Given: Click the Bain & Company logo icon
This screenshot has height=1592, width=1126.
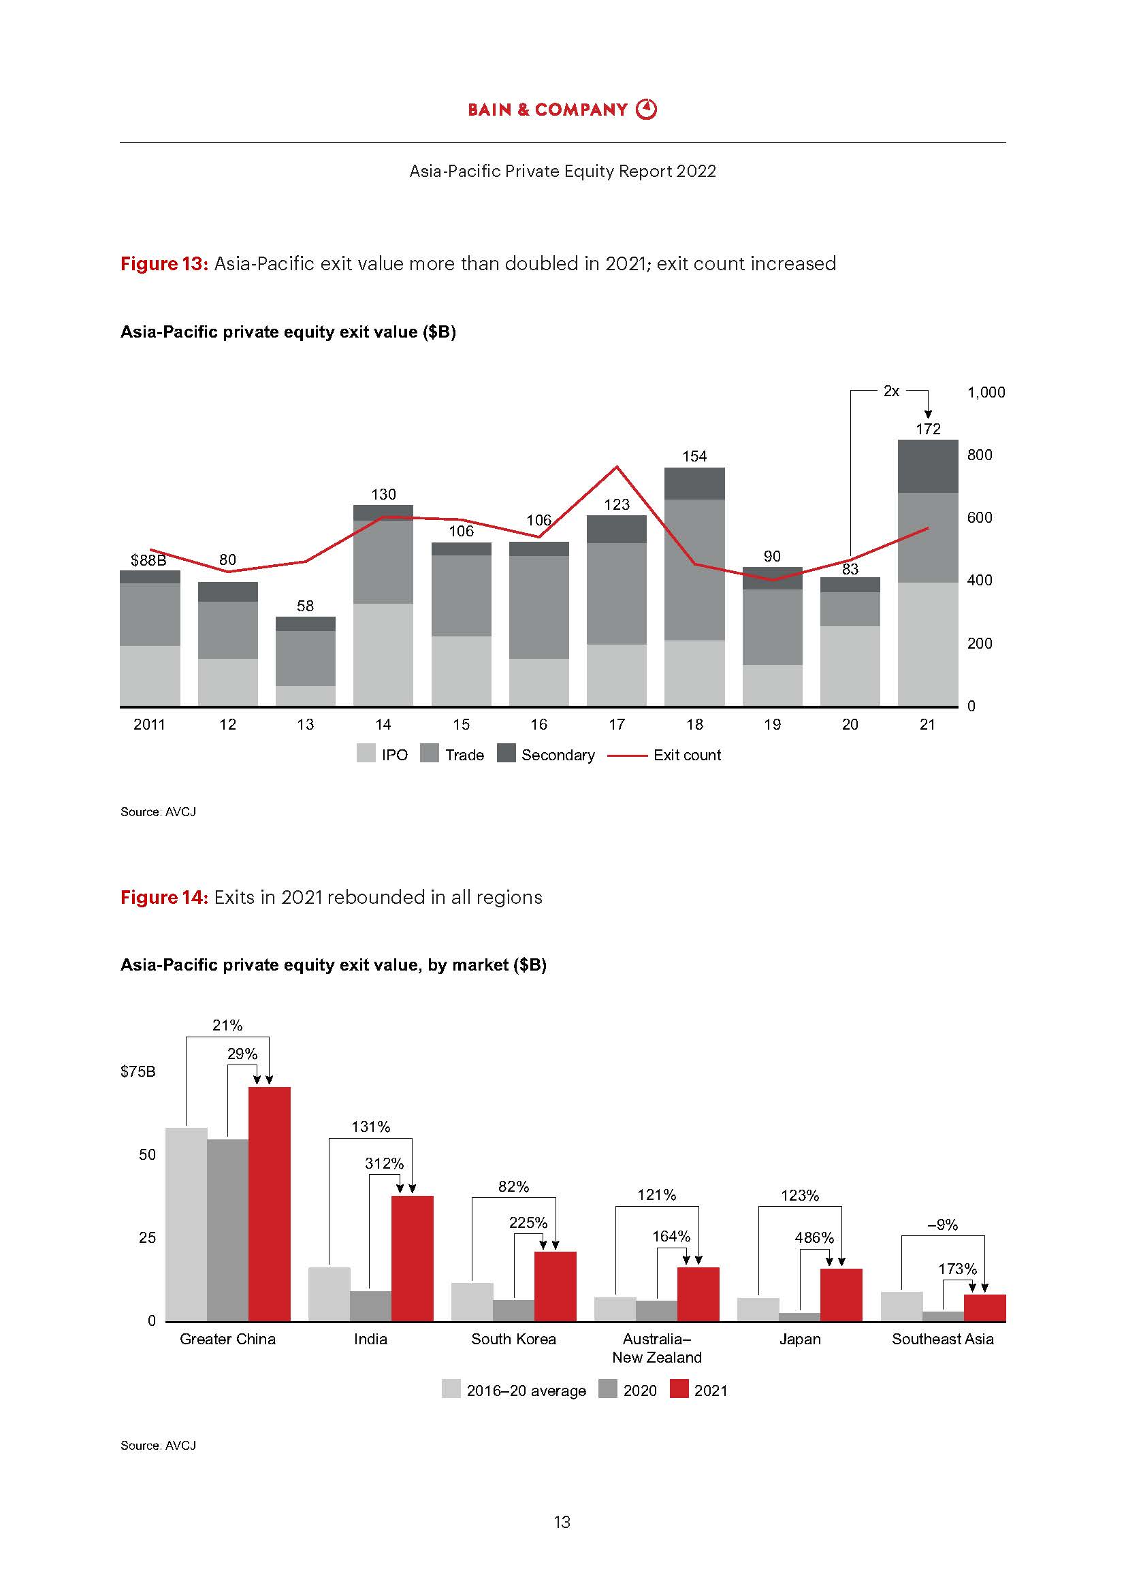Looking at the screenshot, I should pyautogui.click(x=646, y=109).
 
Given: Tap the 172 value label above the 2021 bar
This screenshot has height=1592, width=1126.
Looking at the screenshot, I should pyautogui.click(x=928, y=429).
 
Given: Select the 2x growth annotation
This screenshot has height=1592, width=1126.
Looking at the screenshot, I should pyautogui.click(x=891, y=391).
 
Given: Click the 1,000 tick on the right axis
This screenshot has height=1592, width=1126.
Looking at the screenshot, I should pyautogui.click(x=985, y=393).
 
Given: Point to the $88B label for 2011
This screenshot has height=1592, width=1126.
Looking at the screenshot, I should pyautogui.click(x=148, y=560).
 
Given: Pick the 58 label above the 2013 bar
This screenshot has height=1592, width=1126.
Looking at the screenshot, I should pyautogui.click(x=305, y=606).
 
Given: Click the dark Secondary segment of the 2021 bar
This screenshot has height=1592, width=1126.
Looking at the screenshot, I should pyautogui.click(x=928, y=467).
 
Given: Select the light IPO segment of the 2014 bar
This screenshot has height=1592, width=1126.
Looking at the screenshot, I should pyautogui.click(x=383, y=655).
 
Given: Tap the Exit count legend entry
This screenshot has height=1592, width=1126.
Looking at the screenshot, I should pyautogui.click(x=664, y=755).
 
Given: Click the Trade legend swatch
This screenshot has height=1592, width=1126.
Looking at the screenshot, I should pyautogui.click(x=430, y=753).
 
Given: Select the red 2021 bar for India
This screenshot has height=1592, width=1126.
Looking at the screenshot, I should pyautogui.click(x=412, y=1258).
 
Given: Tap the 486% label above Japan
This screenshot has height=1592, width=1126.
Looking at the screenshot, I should pyautogui.click(x=814, y=1237).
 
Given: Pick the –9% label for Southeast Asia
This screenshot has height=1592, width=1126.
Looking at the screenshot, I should pyautogui.click(x=942, y=1225).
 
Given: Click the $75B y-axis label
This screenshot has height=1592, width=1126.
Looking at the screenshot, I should pyautogui.click(x=138, y=1072).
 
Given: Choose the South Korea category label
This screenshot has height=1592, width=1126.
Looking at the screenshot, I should pyautogui.click(x=513, y=1339).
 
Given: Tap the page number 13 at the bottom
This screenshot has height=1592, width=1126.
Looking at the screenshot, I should pyautogui.click(x=562, y=1522).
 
